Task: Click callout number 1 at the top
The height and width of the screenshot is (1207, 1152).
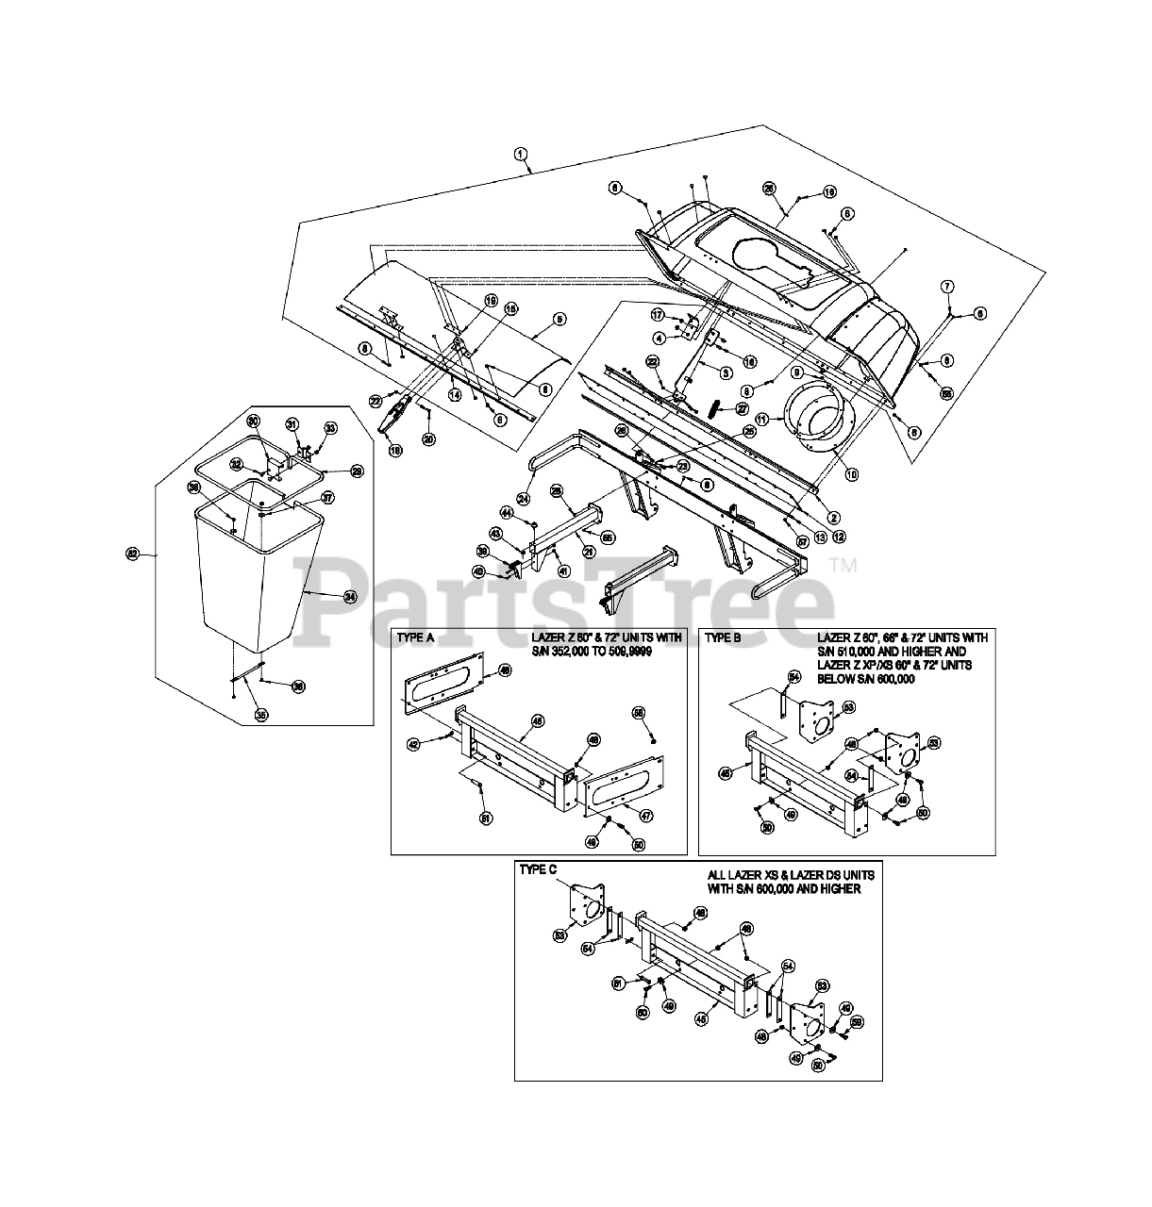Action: click(x=520, y=154)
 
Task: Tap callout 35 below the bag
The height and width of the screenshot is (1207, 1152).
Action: click(x=260, y=716)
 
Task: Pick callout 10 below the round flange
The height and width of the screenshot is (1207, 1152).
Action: click(x=852, y=474)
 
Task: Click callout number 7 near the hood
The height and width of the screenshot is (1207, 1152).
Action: click(x=947, y=285)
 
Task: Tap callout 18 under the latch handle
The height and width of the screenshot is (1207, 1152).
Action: click(x=395, y=451)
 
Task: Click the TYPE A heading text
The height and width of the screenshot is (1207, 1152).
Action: click(x=416, y=637)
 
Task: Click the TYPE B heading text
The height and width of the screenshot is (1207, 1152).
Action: click(x=724, y=637)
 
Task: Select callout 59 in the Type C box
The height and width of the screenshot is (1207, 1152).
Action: click(x=857, y=1021)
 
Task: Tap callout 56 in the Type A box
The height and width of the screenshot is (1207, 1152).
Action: click(x=639, y=712)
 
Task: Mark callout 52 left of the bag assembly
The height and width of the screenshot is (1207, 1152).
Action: click(x=133, y=554)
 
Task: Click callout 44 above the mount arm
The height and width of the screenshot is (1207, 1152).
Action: click(x=506, y=512)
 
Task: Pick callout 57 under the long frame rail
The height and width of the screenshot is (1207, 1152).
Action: click(x=803, y=541)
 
